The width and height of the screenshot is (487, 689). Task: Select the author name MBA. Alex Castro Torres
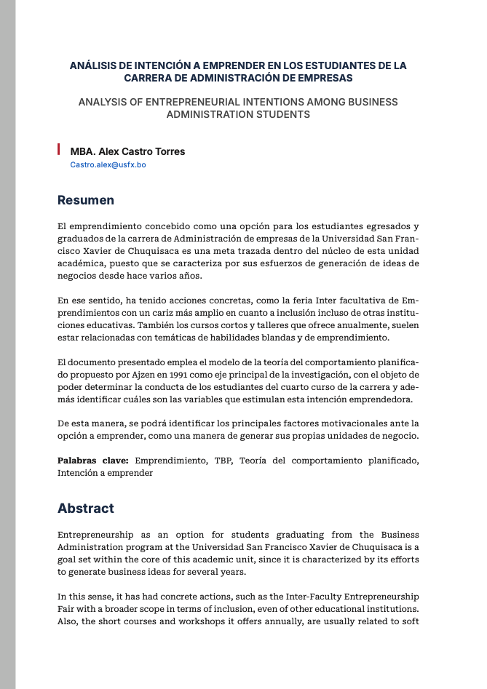pos(127,151)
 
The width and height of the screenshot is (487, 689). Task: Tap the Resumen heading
pos(86,200)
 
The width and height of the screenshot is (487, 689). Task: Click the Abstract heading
pos(86,508)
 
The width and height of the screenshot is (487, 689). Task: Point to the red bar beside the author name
pos(59,150)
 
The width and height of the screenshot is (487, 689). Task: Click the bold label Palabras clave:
pos(93,460)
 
